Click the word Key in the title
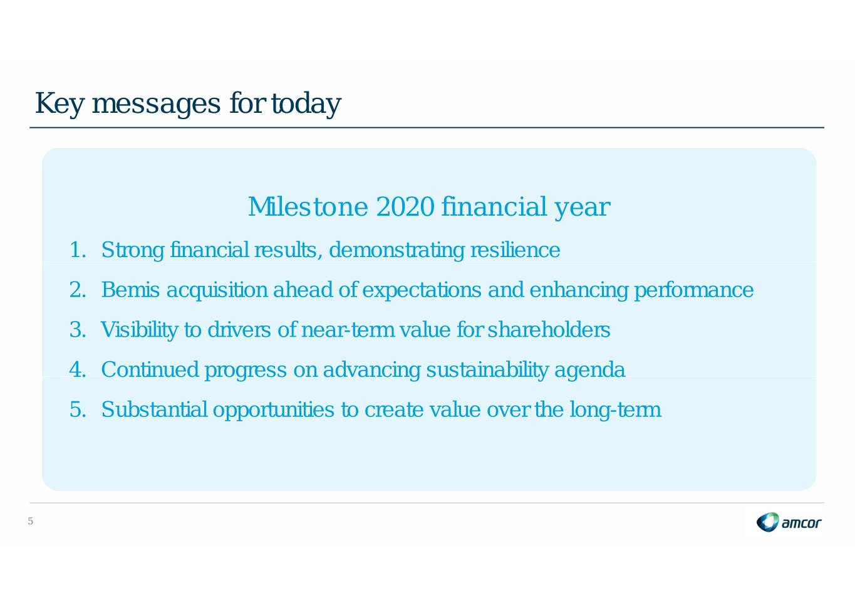(x=59, y=104)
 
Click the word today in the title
(x=306, y=104)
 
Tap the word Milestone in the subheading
(x=308, y=207)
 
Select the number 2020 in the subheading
(x=405, y=207)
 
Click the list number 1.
(x=78, y=250)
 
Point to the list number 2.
(x=78, y=290)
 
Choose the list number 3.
(x=78, y=330)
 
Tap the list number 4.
(x=78, y=369)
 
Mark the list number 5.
(x=78, y=409)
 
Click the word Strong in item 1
(x=133, y=251)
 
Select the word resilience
(x=516, y=250)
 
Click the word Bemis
(x=130, y=290)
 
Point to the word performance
(x=694, y=290)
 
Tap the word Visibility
(x=139, y=330)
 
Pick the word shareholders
(x=549, y=330)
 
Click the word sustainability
(x=487, y=371)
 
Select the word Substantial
(x=154, y=409)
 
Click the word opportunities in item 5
(x=274, y=410)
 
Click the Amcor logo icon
(x=767, y=522)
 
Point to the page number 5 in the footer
(x=31, y=521)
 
